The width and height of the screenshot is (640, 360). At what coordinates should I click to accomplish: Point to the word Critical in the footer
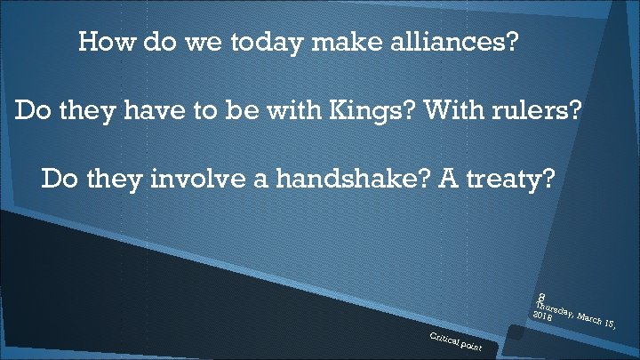(442, 337)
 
